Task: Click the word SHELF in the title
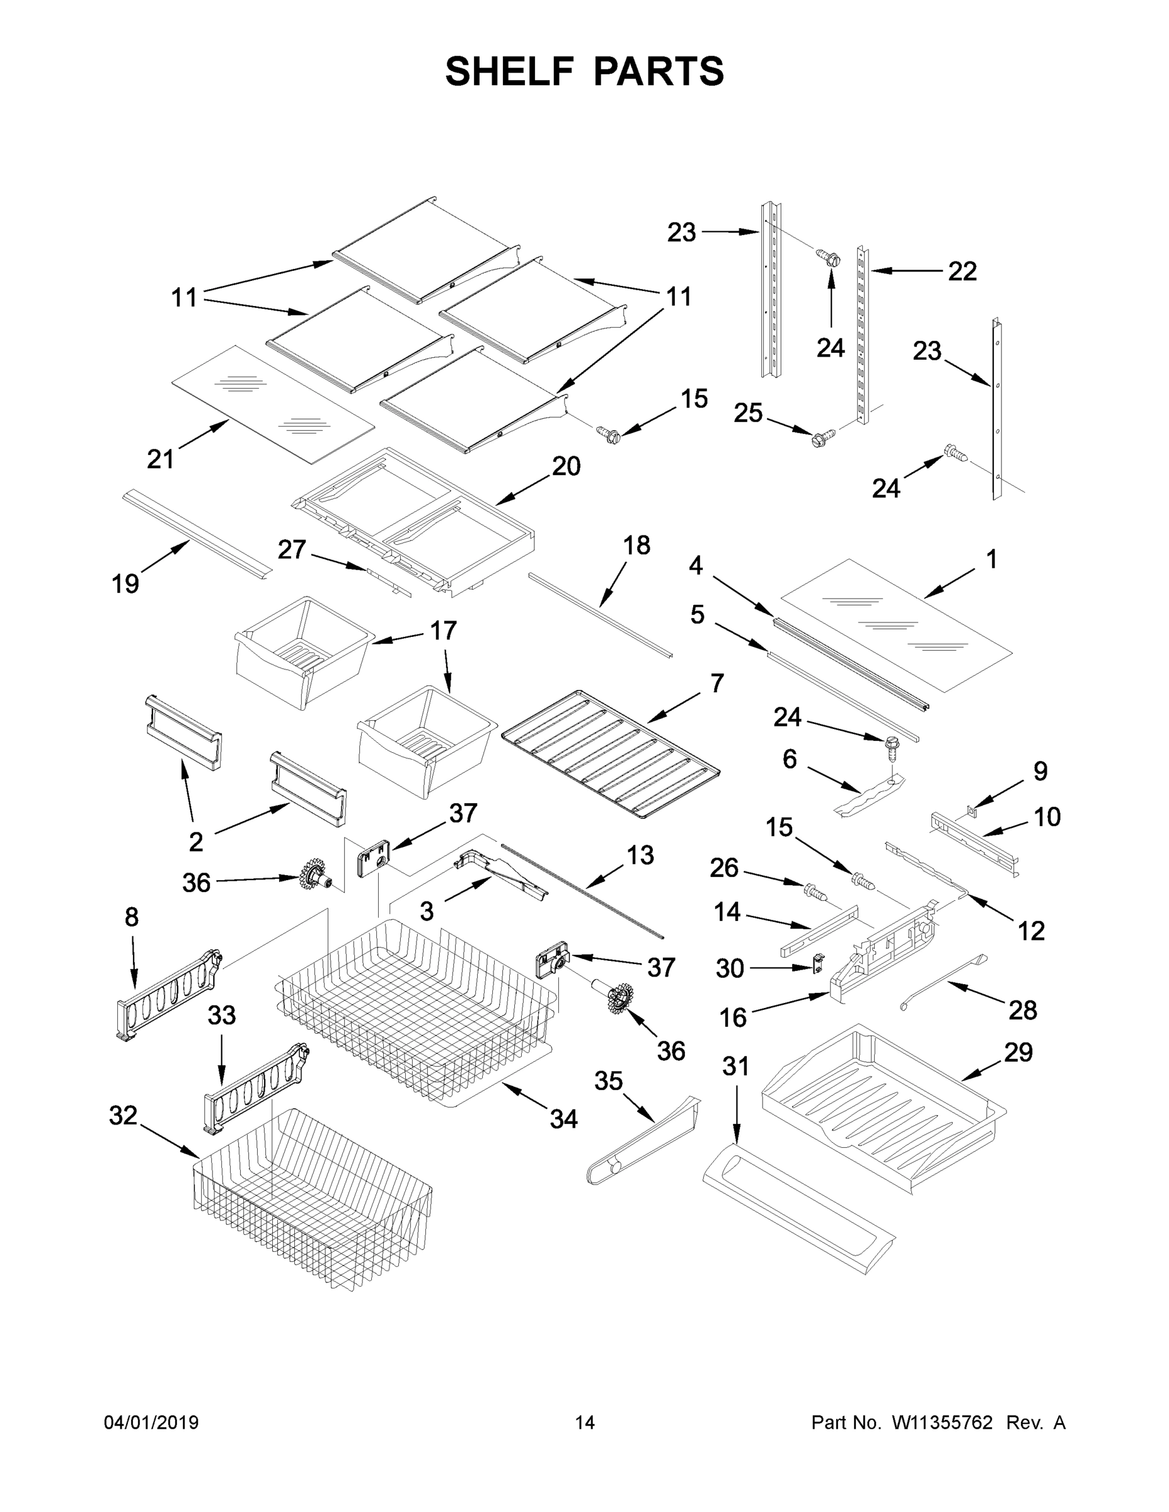click(510, 71)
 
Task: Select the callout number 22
click(962, 272)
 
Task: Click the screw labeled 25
click(822, 438)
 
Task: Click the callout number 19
click(125, 583)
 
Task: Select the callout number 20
click(566, 466)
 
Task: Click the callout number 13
click(640, 856)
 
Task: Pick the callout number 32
click(124, 1115)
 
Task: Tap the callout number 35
click(608, 1080)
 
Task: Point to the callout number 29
click(1018, 1052)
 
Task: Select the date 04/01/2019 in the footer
click(151, 1422)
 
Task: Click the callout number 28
click(1022, 1011)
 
